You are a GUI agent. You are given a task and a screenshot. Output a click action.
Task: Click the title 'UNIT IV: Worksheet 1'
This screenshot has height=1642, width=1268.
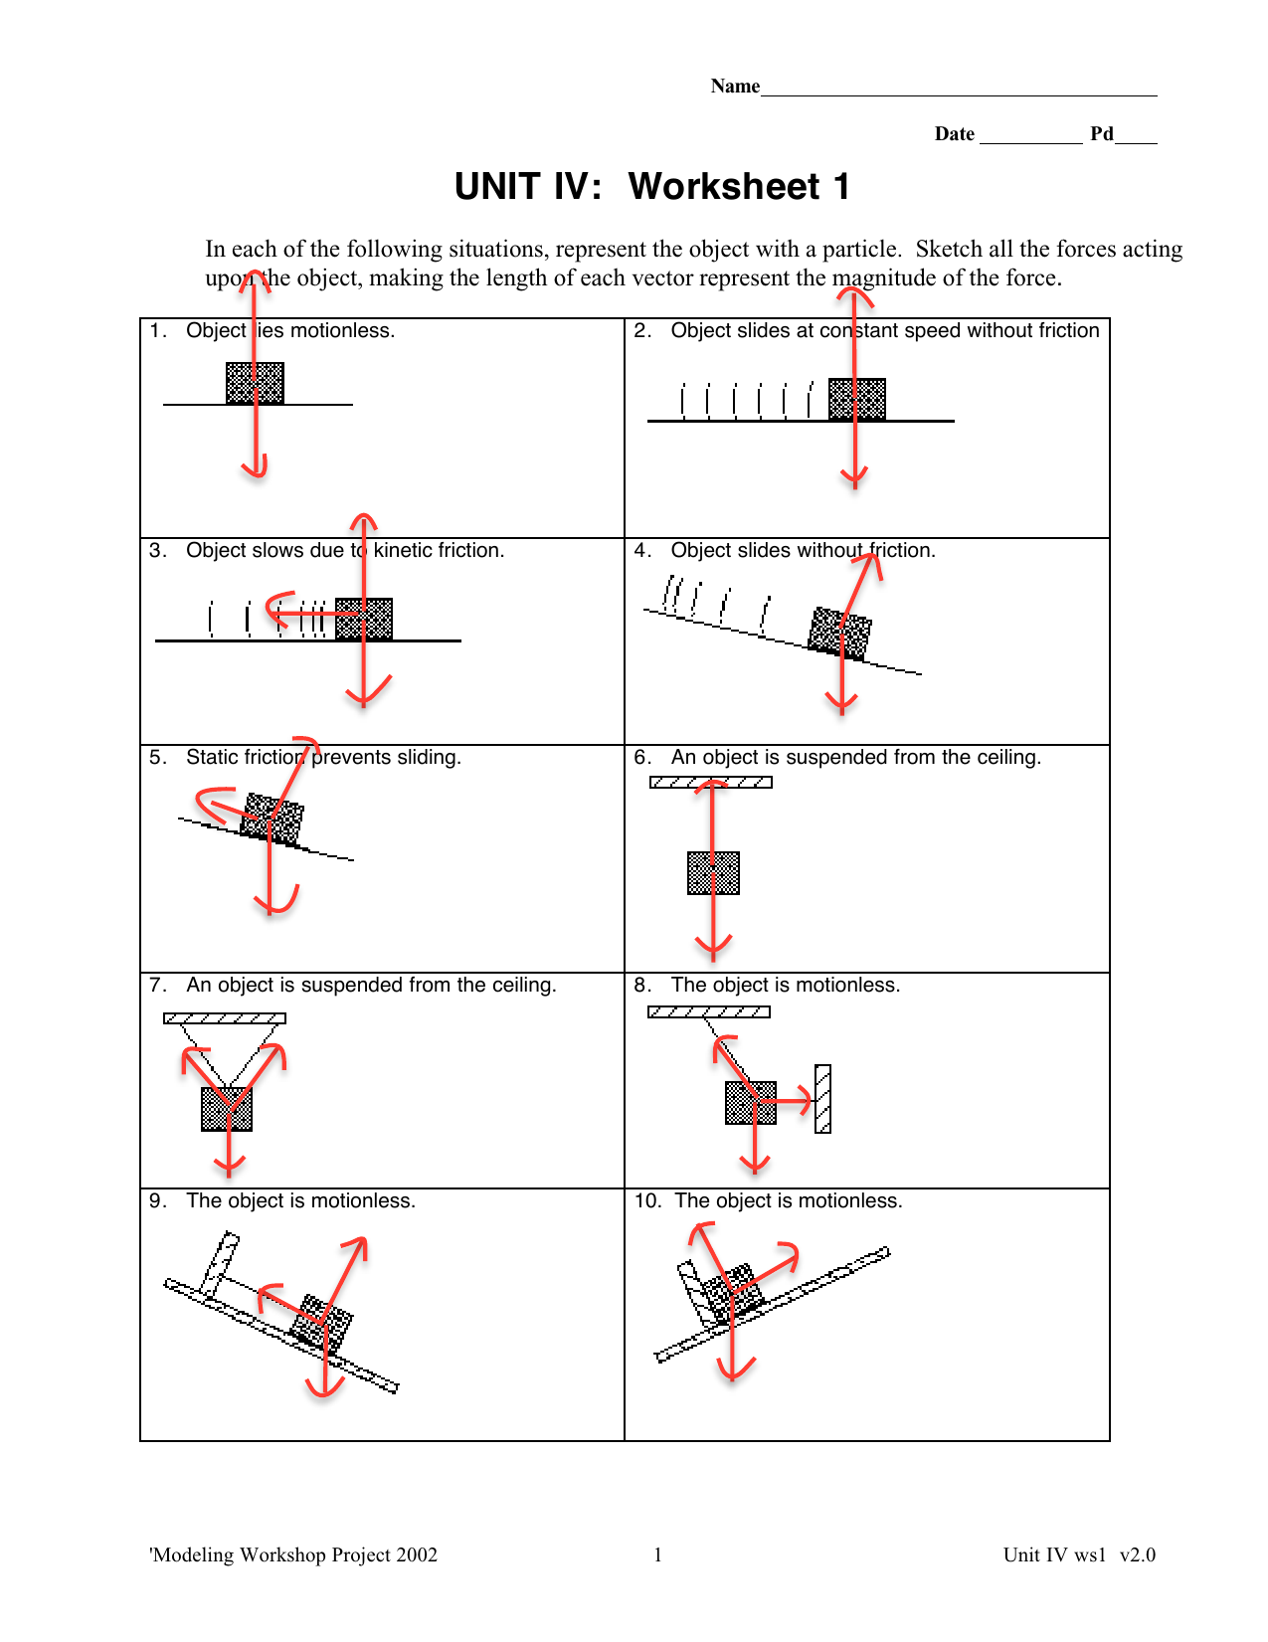tap(652, 187)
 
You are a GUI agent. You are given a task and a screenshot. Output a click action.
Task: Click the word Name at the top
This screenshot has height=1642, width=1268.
tap(735, 87)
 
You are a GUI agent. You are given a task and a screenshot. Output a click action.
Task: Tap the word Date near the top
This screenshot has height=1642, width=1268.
tap(954, 134)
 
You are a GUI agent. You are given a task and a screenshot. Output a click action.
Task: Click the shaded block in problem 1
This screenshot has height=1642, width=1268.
tap(255, 383)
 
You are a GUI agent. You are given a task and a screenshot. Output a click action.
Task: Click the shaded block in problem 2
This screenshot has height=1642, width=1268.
tap(857, 399)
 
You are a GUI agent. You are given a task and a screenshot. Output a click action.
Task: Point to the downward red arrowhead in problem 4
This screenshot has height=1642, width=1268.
tap(841, 704)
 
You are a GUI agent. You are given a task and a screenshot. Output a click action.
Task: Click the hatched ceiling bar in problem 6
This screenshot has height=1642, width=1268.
tap(711, 782)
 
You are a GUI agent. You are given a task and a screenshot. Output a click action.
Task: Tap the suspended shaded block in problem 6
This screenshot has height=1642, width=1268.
tap(713, 873)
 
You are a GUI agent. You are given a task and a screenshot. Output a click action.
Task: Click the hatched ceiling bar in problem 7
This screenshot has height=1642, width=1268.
tap(225, 1018)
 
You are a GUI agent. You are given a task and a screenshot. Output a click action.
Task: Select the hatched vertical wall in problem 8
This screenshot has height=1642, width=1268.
tap(822, 1099)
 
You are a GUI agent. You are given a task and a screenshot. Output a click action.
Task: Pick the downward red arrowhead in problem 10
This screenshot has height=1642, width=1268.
tap(733, 1369)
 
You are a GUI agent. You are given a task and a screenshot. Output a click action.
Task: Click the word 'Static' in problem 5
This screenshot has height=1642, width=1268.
tap(212, 757)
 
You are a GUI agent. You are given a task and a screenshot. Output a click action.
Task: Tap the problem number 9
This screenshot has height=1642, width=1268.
tap(157, 1200)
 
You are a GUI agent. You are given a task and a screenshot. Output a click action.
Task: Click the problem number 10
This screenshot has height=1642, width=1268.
tap(646, 1200)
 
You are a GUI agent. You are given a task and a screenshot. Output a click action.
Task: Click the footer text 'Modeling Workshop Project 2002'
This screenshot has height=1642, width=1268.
tap(293, 1555)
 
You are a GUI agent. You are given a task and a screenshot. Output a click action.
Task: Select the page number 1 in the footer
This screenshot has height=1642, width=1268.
tap(657, 1555)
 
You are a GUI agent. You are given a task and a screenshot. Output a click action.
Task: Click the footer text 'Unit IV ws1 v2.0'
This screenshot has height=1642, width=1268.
tap(1079, 1555)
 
